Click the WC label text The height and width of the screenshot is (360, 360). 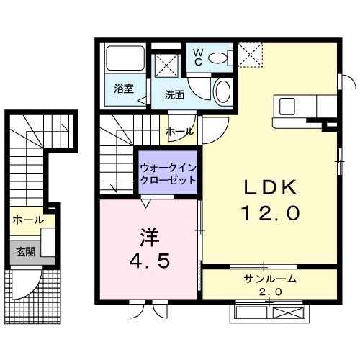[x=198, y=58]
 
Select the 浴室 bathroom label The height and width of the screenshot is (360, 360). [x=124, y=89]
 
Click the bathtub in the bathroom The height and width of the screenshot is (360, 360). [x=125, y=58]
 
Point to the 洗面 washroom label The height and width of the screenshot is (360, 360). [x=174, y=95]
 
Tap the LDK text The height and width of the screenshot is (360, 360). [x=270, y=188]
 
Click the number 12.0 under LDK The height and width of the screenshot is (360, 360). [x=271, y=213]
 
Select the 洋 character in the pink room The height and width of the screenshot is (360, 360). [x=150, y=237]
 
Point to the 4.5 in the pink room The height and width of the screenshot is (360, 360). [x=150, y=261]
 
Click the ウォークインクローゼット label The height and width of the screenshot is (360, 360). [x=168, y=174]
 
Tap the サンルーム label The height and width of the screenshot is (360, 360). [x=270, y=279]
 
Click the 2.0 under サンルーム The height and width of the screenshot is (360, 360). [x=270, y=292]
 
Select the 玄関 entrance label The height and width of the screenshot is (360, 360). [x=26, y=252]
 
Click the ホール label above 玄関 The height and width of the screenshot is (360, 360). [x=28, y=220]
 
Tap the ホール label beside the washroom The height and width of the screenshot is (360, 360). [x=180, y=132]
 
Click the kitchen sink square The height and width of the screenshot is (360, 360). [x=287, y=107]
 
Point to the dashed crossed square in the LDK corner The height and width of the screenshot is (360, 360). [x=251, y=55]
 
